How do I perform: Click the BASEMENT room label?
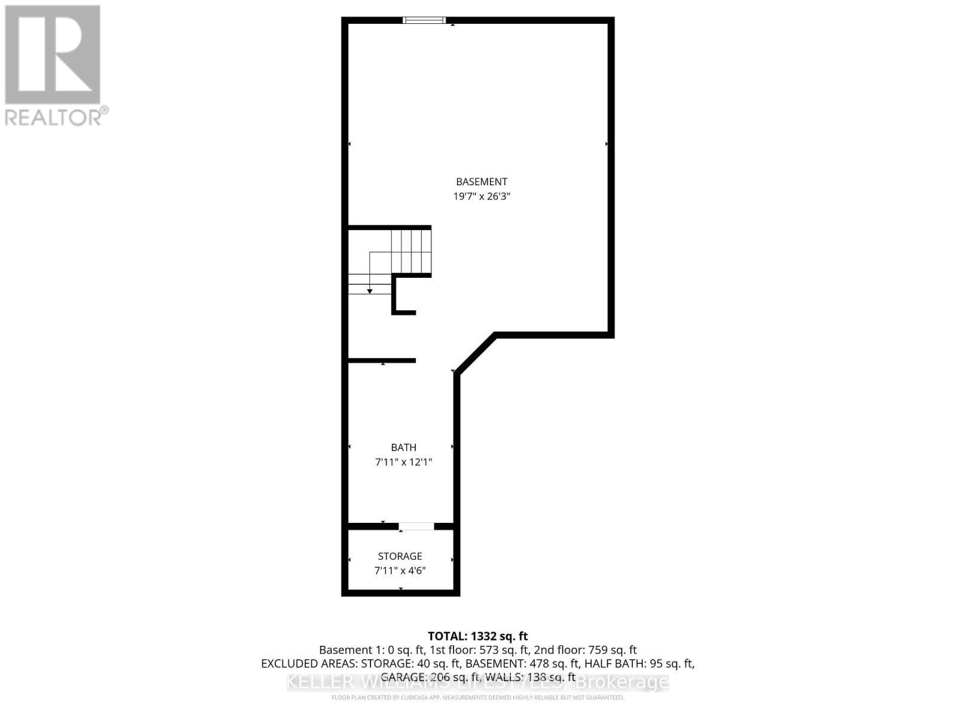482,182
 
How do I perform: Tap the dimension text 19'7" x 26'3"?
482,196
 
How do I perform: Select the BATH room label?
403,448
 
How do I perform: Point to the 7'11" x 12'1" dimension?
403,462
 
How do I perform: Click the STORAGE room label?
400,556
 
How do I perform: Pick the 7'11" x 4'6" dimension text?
400,571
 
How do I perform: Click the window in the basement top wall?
424,20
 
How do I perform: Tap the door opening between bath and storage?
416,526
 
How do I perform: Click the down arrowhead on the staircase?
370,291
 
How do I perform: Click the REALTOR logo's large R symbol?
53,55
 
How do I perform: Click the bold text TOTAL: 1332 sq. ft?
477,636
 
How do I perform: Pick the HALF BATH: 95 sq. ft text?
639,664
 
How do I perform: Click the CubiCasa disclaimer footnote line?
477,697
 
